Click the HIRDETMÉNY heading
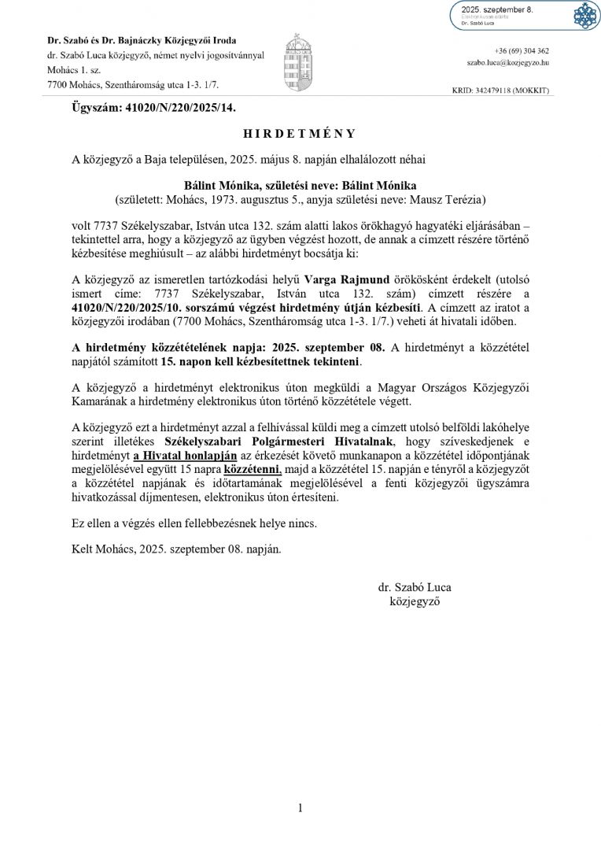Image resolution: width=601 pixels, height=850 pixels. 300,133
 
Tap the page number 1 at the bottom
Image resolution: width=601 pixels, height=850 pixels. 300,807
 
